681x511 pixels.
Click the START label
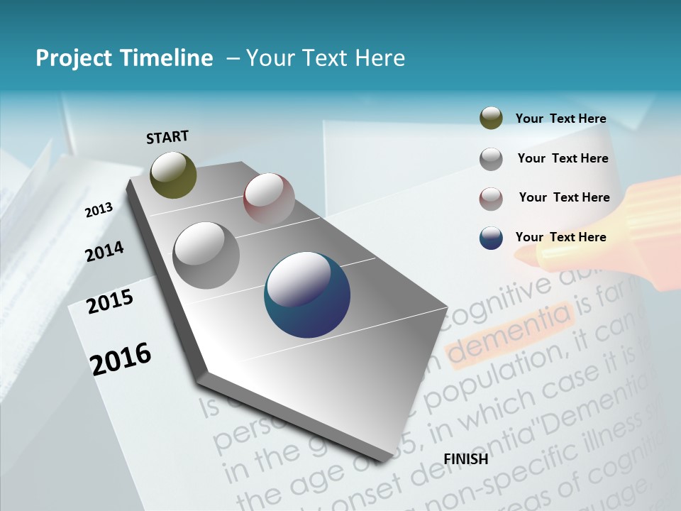click(x=167, y=137)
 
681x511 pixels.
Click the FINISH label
click(x=466, y=459)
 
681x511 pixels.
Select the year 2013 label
click(x=99, y=209)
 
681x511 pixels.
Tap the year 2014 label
click(x=104, y=251)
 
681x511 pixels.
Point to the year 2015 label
click(x=109, y=302)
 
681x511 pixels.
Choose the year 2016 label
click(x=121, y=358)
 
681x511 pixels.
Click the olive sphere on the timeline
click(x=173, y=175)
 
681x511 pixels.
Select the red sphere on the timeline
click(x=269, y=199)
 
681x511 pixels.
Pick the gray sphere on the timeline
click(x=206, y=255)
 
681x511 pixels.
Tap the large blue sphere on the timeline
click(x=307, y=295)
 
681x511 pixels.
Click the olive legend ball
click(x=491, y=119)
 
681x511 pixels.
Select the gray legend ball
click(x=491, y=159)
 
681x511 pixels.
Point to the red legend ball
click(x=491, y=199)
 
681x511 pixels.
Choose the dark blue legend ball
click(x=491, y=238)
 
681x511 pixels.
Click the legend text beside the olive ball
click(x=560, y=119)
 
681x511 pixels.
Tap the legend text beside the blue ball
click(x=560, y=237)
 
